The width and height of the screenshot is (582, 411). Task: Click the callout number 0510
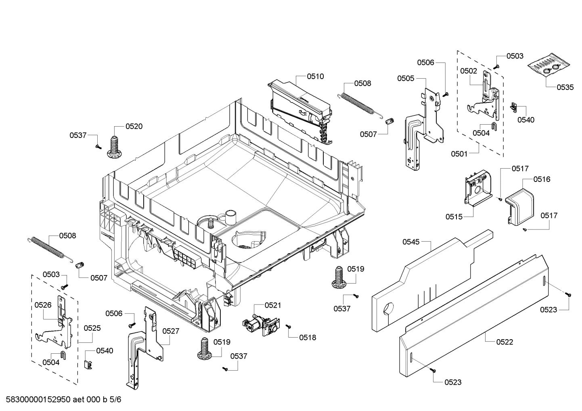tap(315, 76)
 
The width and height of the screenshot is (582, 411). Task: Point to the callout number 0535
tap(565, 87)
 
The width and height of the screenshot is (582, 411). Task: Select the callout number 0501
tap(459, 154)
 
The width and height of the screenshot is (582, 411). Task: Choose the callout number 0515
tap(454, 217)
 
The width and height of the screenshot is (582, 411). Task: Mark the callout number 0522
tap(505, 342)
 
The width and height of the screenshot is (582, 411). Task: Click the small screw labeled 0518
tap(288, 326)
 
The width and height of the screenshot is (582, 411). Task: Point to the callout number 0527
tap(171, 331)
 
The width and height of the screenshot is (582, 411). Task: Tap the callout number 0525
tap(92, 328)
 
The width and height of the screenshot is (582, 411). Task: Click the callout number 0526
tap(43, 305)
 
